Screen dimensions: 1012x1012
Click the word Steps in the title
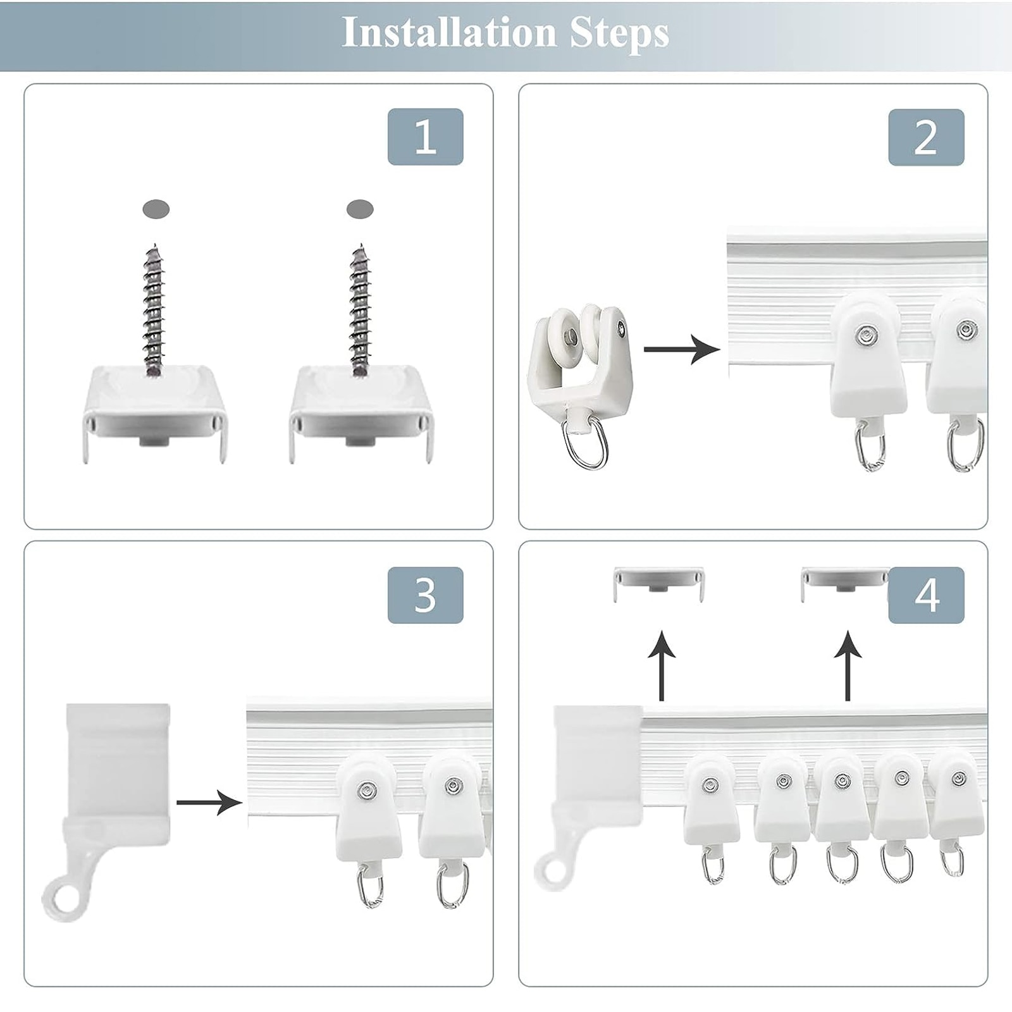click(619, 34)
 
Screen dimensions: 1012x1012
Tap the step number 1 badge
click(425, 137)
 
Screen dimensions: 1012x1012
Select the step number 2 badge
click(926, 137)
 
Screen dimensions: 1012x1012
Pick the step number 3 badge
click(425, 595)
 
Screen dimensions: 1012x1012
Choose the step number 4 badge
click(926, 595)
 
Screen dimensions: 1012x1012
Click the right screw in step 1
click(361, 310)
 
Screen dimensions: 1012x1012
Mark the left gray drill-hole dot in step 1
click(156, 209)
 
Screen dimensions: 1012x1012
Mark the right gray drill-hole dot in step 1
click(360, 209)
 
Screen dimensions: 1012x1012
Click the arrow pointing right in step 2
click(682, 349)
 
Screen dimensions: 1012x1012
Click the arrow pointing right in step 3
click(209, 803)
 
